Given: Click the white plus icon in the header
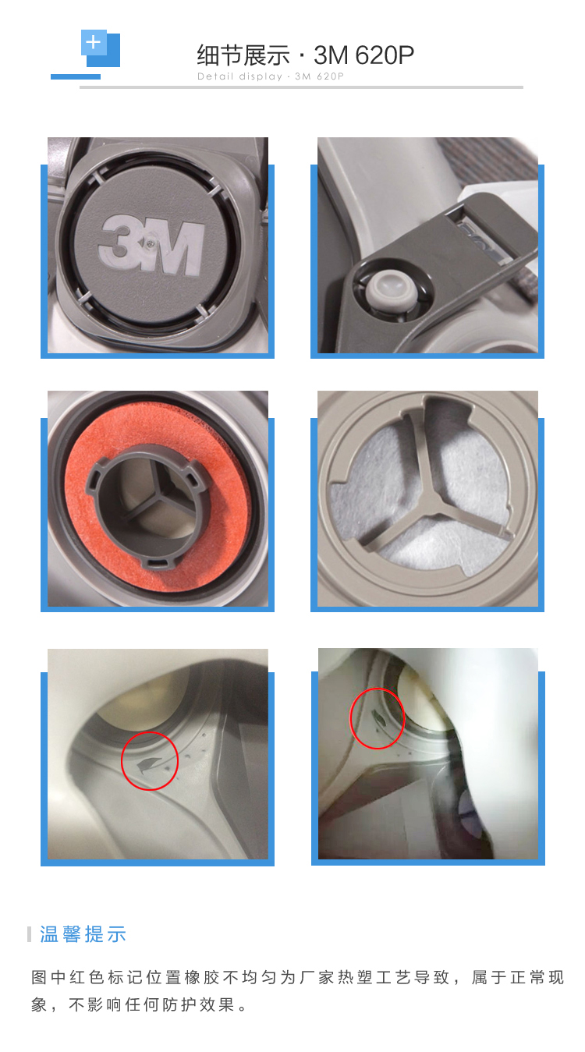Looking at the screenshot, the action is pyautogui.click(x=93, y=42).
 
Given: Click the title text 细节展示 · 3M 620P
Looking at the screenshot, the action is pyautogui.click(x=306, y=55).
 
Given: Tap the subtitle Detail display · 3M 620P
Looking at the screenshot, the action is pyautogui.click(x=271, y=76).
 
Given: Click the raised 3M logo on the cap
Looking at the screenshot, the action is pyautogui.click(x=151, y=244).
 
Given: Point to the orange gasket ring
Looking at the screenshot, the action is pyautogui.click(x=158, y=498).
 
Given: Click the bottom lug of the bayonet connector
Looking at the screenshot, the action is pyautogui.click(x=158, y=562).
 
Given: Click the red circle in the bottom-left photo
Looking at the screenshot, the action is pyautogui.click(x=150, y=760).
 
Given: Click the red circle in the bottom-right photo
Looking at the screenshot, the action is pyautogui.click(x=378, y=718).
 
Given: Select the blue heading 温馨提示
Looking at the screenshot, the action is pyautogui.click(x=83, y=934).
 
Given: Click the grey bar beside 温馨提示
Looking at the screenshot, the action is pyautogui.click(x=29, y=934).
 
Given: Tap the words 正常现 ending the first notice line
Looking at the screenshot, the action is pyautogui.click(x=537, y=978).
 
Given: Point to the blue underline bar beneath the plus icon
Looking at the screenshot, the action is pyautogui.click(x=75, y=76).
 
